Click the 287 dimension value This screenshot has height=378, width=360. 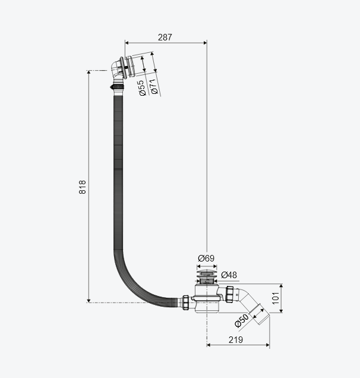click(165, 37)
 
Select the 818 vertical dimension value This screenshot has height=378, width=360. click(83, 187)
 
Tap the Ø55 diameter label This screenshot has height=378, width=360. click(142, 88)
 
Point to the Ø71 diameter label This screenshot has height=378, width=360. click(154, 86)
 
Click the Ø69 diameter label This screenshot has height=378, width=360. click(206, 258)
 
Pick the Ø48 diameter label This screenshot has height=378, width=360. click(229, 275)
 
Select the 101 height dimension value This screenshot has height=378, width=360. click(275, 298)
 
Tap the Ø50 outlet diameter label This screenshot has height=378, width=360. click(242, 320)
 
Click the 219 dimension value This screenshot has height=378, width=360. click(236, 340)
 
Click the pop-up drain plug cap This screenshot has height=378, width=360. click(207, 273)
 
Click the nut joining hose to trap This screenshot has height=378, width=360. click(185, 303)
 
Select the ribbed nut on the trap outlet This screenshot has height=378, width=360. click(230, 294)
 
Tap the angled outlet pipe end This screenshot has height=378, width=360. click(259, 314)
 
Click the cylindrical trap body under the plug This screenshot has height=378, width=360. click(207, 298)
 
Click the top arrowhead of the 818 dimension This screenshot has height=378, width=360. click(89, 73)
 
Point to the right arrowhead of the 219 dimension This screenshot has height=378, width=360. click(267, 345)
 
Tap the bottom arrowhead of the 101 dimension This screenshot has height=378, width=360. click(281, 311)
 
